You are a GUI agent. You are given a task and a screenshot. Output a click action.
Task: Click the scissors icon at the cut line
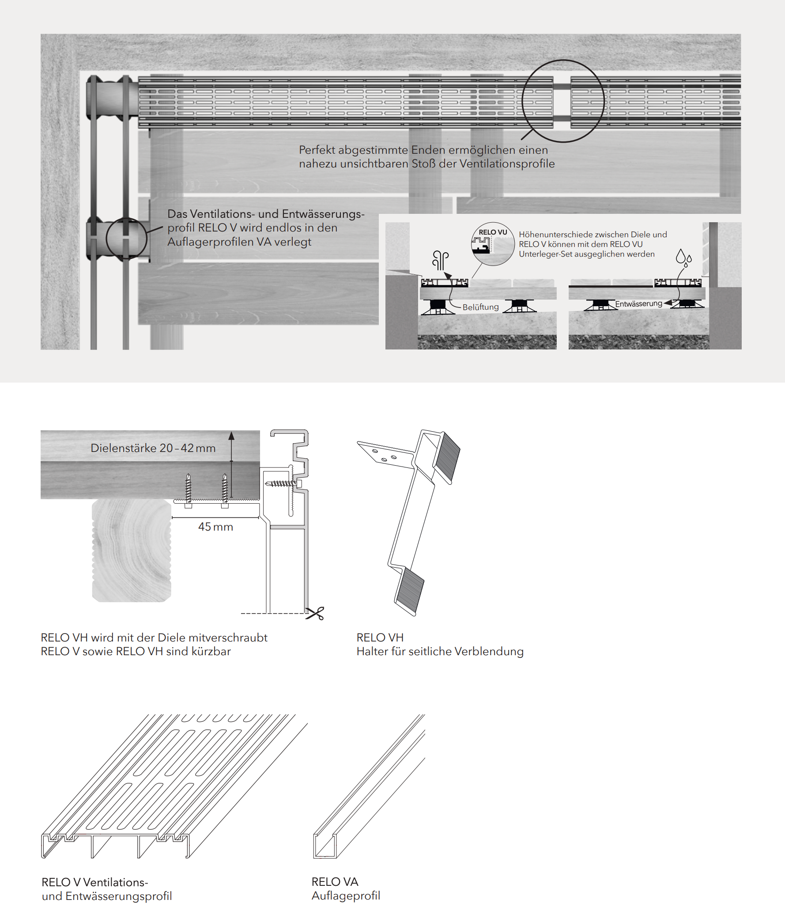click(315, 613)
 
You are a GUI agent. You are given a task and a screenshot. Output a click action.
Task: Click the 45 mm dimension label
click(215, 527)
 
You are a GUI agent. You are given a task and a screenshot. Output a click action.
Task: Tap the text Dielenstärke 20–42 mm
click(153, 448)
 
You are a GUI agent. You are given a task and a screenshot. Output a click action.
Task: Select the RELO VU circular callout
click(493, 244)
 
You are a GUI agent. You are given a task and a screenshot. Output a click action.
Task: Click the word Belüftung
click(480, 307)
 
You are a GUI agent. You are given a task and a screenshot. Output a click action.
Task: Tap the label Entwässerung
click(638, 304)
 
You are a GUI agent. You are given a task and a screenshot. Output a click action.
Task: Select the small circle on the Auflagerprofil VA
click(126, 239)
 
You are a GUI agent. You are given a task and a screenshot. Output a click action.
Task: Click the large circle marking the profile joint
click(563, 101)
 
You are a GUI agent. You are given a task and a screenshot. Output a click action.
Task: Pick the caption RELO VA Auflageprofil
click(345, 888)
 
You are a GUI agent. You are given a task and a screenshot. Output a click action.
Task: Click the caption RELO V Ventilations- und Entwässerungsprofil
click(106, 889)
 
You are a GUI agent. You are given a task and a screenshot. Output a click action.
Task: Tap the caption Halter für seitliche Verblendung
click(440, 651)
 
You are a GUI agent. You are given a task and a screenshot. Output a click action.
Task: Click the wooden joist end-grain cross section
click(132, 550)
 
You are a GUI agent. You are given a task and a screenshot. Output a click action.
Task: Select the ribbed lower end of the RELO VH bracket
click(409, 592)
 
